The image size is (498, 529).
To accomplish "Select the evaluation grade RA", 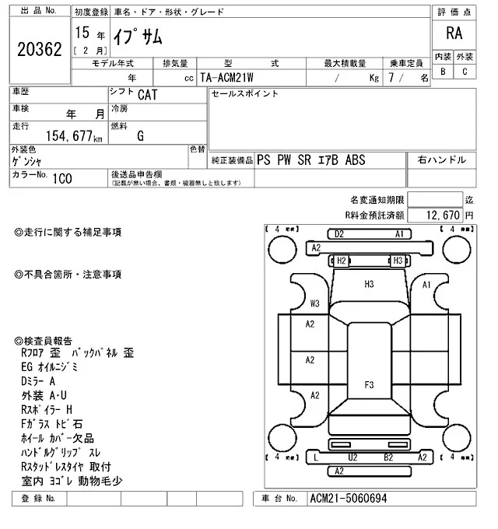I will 453,33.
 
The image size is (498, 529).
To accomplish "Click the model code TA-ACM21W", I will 231,78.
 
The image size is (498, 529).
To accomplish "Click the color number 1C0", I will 61,179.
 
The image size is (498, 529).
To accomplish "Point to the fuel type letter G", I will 140,136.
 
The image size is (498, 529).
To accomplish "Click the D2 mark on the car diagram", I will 338,233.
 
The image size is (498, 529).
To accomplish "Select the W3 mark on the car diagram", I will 315,303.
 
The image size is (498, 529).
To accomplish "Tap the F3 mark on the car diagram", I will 369,384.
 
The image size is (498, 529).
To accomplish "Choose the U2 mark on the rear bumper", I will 352,457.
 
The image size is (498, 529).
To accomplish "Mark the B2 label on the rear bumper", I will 388,457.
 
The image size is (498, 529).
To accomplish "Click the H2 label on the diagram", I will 341,261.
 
